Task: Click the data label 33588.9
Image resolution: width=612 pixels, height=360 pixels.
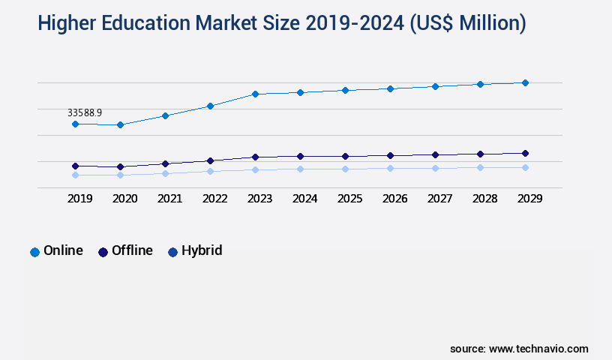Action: click(85, 112)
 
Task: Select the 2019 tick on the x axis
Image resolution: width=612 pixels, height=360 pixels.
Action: click(80, 199)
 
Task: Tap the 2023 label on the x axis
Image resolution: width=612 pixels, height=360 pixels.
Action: click(259, 199)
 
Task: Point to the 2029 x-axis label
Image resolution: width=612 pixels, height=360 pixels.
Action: click(529, 199)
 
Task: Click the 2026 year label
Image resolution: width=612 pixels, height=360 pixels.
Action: click(394, 199)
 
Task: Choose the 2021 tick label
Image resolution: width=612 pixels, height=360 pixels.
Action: click(169, 199)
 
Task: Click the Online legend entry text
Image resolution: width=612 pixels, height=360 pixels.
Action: click(63, 250)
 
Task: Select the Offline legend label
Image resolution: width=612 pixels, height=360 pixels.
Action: click(132, 250)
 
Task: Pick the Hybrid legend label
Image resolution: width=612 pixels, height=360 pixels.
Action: click(202, 250)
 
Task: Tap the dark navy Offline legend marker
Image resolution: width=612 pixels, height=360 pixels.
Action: click(103, 252)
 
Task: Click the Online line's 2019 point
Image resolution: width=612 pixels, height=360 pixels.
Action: click(75, 124)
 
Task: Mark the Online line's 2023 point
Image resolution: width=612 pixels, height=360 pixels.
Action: click(255, 94)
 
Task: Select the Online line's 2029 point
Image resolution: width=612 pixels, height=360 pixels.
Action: click(525, 82)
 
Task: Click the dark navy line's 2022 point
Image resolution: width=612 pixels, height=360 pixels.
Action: click(210, 160)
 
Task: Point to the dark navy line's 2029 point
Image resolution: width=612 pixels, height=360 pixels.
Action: click(525, 153)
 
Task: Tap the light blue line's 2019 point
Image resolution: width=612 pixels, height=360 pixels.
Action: click(75, 175)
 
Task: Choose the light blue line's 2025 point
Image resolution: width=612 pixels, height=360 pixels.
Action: click(345, 169)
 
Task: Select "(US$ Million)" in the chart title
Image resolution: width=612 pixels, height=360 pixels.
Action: click(467, 23)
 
